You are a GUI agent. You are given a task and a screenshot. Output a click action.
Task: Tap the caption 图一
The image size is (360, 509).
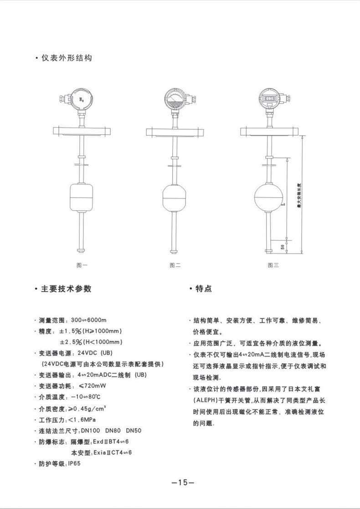(x=82, y=265)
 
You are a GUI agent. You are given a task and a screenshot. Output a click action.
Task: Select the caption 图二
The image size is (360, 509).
(x=175, y=265)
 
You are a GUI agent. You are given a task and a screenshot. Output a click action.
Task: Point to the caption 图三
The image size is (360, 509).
(x=273, y=265)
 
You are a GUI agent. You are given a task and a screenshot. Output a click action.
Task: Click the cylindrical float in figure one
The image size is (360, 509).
(x=82, y=195)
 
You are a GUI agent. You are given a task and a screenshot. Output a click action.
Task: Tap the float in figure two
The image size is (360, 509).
(x=175, y=197)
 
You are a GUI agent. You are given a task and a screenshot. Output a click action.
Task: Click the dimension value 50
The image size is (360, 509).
(x=283, y=246)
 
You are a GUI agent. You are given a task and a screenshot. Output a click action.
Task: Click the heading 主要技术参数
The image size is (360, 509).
(x=67, y=289)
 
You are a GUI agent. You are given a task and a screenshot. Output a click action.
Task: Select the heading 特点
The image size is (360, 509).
(x=203, y=289)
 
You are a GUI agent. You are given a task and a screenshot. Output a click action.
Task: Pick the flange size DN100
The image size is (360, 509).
(x=90, y=430)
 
